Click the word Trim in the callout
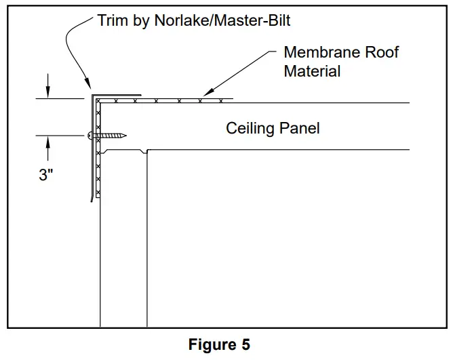[x=112, y=20]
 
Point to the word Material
[x=312, y=70]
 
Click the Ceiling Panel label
[x=272, y=127]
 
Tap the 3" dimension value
[x=45, y=174]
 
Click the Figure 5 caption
[x=218, y=344]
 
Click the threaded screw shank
[x=112, y=136]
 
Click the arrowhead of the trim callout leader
[x=89, y=87]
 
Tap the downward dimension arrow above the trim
[x=47, y=92]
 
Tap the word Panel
[x=299, y=127]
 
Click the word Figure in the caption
[x=210, y=344]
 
